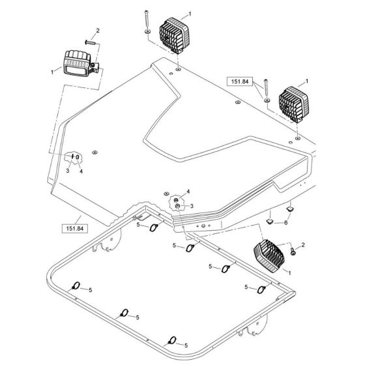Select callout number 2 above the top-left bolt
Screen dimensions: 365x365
pos(97,31)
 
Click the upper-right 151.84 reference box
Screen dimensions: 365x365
pos(238,81)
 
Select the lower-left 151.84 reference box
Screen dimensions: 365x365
pos(73,227)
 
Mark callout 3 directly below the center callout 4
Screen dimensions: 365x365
pos(192,206)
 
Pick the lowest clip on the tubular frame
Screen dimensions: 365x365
pos(173,340)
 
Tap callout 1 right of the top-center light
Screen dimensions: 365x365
pos(190,13)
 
